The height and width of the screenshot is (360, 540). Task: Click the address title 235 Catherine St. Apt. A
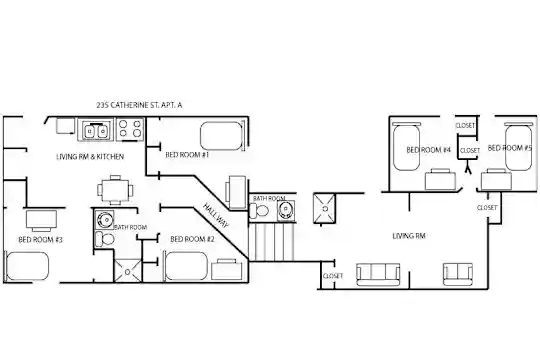tap(139, 105)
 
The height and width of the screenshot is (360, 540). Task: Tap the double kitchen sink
tap(95, 130)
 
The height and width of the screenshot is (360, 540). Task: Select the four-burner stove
tap(130, 130)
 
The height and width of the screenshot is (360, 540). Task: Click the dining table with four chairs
tap(115, 190)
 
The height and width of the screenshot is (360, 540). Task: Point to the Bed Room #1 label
tap(187, 155)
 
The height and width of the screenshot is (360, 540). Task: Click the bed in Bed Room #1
tap(221, 136)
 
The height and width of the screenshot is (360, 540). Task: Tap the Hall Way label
tap(216, 216)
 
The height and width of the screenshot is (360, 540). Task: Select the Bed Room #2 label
tap(192, 239)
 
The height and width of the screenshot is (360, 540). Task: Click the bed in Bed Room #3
tap(27, 266)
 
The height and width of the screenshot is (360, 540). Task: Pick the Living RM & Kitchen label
tap(90, 157)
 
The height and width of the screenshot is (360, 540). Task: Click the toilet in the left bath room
tap(105, 238)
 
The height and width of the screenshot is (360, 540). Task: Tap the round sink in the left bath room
tap(105, 219)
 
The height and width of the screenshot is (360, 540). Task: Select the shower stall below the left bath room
tap(127, 271)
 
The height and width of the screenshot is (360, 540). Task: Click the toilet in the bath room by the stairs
tap(260, 210)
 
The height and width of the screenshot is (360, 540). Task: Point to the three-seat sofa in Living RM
tap(378, 275)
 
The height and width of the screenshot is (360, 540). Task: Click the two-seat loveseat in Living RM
tap(458, 274)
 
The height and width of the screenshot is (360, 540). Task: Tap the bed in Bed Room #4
tap(406, 147)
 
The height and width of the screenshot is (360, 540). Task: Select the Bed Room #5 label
tap(510, 148)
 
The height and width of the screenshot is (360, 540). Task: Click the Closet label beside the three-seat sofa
tap(333, 276)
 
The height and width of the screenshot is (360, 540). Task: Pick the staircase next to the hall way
tap(272, 242)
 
